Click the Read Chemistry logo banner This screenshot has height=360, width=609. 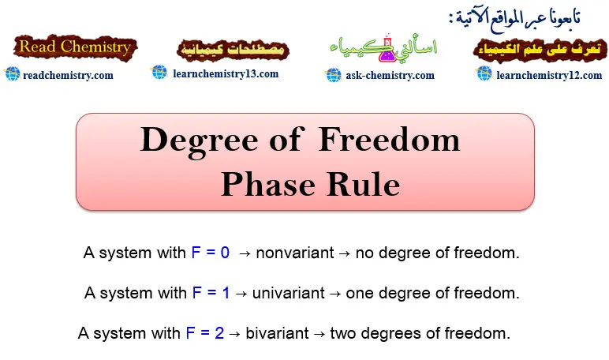coord(76,47)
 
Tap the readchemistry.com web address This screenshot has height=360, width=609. coord(68,76)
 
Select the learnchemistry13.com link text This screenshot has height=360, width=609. coord(226,74)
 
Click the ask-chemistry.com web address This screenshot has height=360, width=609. coord(390,76)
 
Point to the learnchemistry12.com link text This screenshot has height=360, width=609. coord(549,75)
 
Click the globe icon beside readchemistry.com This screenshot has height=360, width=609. coord(13,74)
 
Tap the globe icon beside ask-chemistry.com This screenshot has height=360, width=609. coord(333,75)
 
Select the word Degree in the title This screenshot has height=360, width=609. coord(199,141)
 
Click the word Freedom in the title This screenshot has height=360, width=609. coord(389,140)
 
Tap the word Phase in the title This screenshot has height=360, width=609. coord(268,185)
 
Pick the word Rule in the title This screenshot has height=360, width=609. coord(364,185)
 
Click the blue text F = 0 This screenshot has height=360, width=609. coord(211,253)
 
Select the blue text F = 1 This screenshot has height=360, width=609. coord(211,293)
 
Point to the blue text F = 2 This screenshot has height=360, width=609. coord(205,333)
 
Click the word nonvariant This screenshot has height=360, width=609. coord(295,253)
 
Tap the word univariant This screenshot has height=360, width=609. coord(288,293)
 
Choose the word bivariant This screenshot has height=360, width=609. coord(278,333)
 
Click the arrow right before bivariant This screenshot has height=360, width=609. coord(235,334)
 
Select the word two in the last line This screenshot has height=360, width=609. coord(343,333)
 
